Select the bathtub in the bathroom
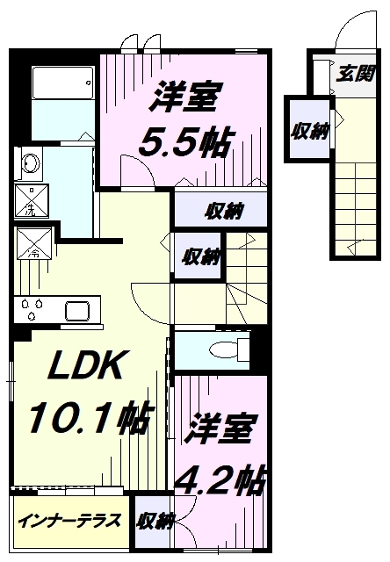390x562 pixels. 61,86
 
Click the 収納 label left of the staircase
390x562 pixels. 200,256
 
